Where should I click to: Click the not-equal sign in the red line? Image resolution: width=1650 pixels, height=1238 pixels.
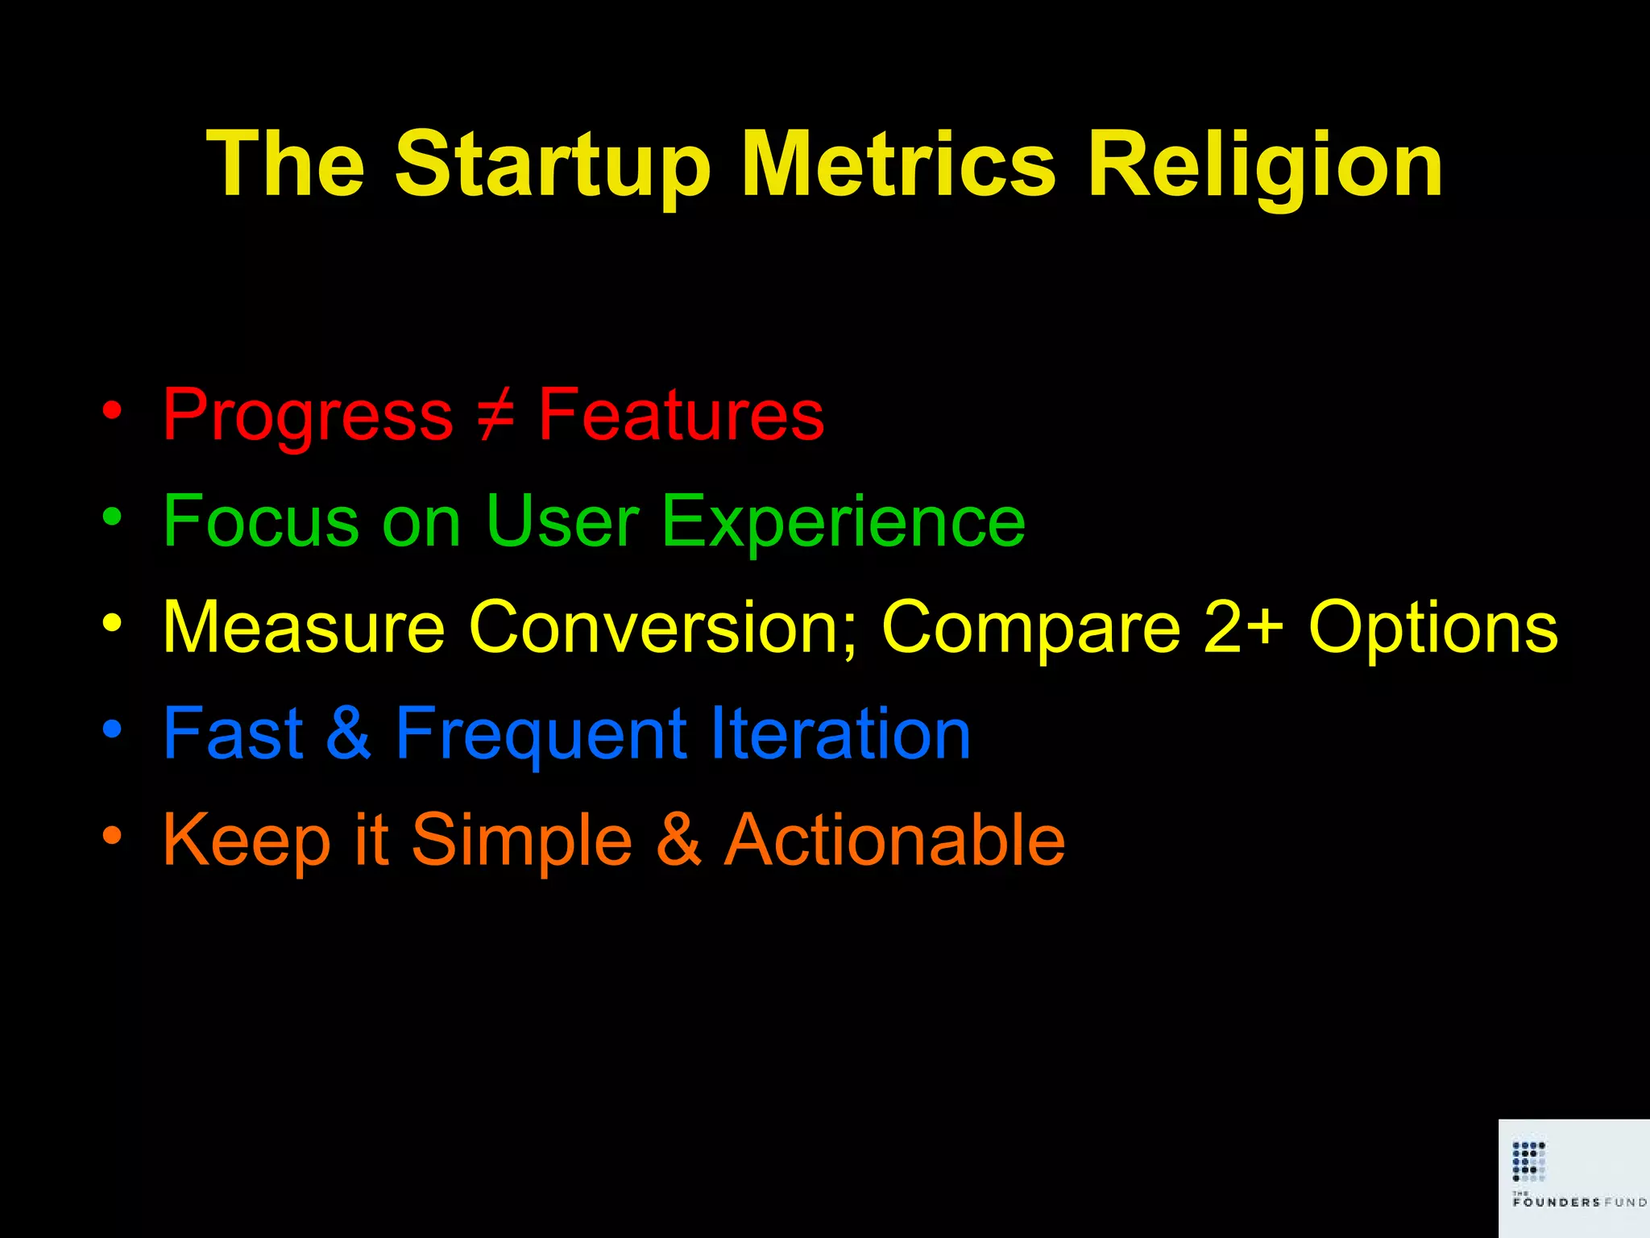pyautogui.click(x=495, y=415)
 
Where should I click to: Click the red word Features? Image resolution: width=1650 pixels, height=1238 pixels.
pyautogui.click(x=681, y=415)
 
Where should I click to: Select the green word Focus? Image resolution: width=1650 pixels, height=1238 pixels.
pyautogui.click(x=261, y=521)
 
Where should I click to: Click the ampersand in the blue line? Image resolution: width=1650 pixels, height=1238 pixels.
pyautogui.click(x=348, y=733)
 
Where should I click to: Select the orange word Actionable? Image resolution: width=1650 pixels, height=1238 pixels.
pyautogui.click(x=894, y=840)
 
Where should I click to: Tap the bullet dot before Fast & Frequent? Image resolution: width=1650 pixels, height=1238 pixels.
pyautogui.click(x=112, y=729)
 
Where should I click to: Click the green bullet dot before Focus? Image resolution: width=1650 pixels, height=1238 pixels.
pyautogui.click(x=112, y=517)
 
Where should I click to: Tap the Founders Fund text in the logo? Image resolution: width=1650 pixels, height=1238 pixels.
pyautogui.click(x=1578, y=1202)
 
